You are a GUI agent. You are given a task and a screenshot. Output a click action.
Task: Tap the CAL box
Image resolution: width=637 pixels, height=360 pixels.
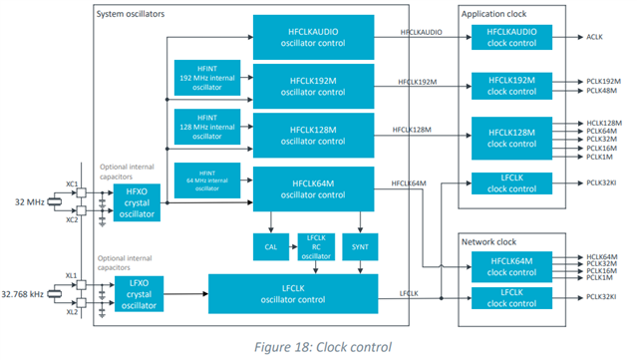coord(269,244)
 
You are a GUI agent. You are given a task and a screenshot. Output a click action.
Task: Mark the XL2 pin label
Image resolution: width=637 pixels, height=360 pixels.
coord(84,312)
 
